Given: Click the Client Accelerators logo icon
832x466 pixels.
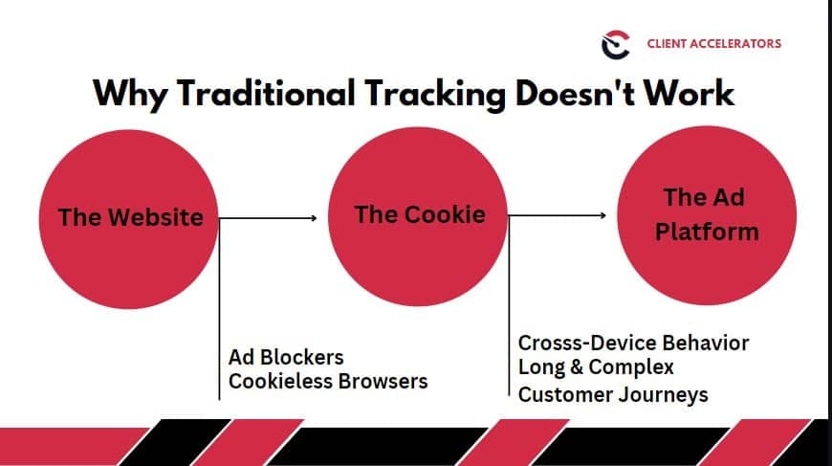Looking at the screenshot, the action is coord(616,45).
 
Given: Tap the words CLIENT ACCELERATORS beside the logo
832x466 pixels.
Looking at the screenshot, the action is coord(714,43).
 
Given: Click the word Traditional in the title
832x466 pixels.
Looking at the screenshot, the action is coord(266,93).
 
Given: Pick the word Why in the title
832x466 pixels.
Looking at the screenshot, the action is coord(130,95).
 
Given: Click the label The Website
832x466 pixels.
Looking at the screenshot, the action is coord(130,217).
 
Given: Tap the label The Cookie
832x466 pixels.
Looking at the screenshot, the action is coord(420,214).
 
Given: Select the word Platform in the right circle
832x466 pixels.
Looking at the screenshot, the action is coord(707,232).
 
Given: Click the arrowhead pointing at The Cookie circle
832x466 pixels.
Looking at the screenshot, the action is coord(314,217).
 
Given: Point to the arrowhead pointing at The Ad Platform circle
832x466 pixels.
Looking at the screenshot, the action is coord(602,215).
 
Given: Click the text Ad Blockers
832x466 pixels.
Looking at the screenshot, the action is coord(286,357).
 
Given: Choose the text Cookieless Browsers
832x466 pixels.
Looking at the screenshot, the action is coord(328,381).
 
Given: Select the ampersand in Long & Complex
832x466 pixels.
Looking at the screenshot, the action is coord(577,366).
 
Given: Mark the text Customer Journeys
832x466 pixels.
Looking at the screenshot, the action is coord(613,395).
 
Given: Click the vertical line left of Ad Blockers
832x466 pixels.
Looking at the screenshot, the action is coord(219,308).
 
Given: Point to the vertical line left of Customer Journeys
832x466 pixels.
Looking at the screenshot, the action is coord(509,305).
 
